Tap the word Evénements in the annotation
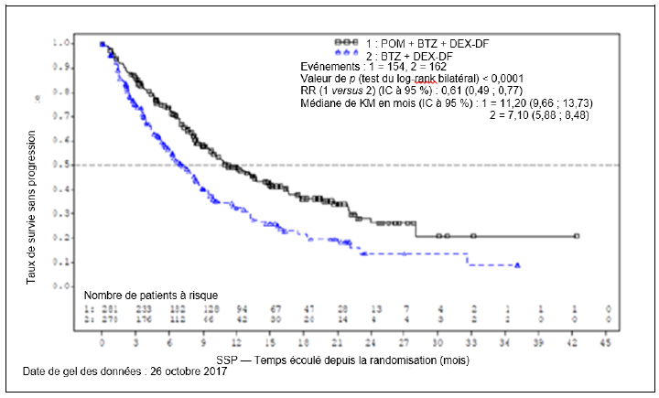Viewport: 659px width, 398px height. tap(332, 68)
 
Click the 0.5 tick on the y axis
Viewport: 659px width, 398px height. tap(85, 165)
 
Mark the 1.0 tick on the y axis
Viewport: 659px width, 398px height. tap(85, 43)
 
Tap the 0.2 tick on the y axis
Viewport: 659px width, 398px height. tap(85, 238)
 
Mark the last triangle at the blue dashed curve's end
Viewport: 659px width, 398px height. tap(518, 265)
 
